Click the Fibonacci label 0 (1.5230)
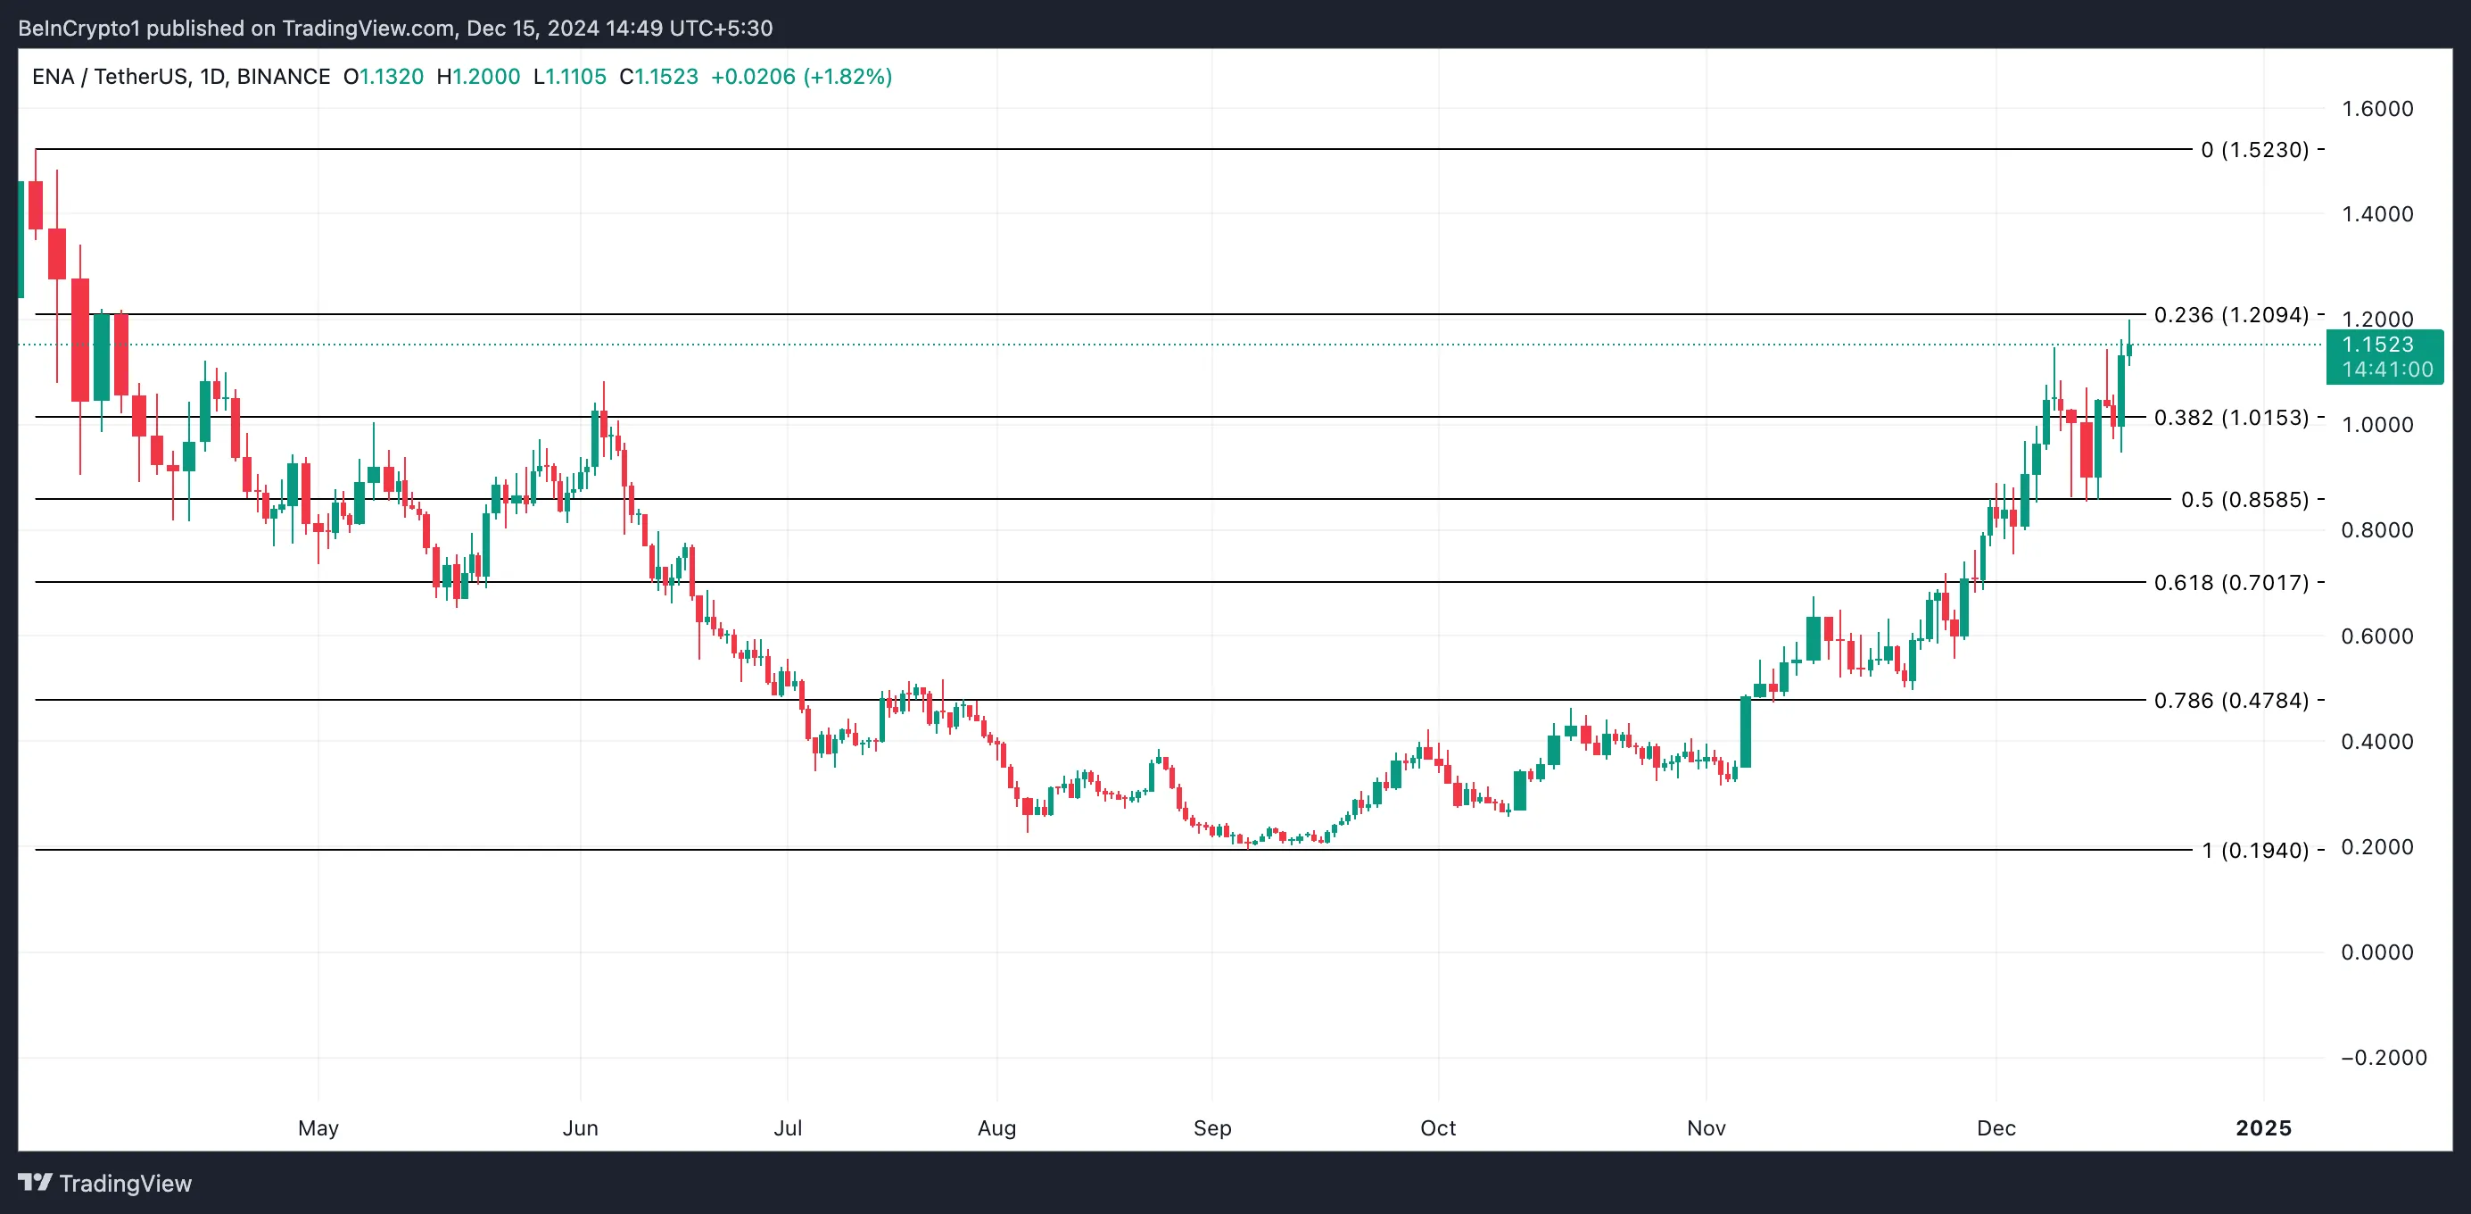click(x=2254, y=150)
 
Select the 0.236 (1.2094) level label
click(x=2231, y=315)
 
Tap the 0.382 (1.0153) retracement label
click(x=2231, y=418)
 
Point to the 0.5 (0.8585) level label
click(x=2244, y=500)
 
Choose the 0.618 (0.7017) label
click(x=2231, y=583)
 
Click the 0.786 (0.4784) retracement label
click(x=2231, y=701)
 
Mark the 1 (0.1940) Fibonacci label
click(x=2254, y=851)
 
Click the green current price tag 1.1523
click(x=2384, y=356)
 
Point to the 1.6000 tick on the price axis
click(x=2377, y=108)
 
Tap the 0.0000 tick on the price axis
click(x=2377, y=952)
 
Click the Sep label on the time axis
click(x=1211, y=1127)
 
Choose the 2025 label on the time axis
click(x=2263, y=1127)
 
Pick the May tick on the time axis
click(x=318, y=1127)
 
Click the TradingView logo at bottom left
click(x=105, y=1184)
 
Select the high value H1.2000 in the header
click(x=478, y=77)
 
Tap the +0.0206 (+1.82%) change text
click(x=801, y=77)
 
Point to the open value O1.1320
click(x=383, y=77)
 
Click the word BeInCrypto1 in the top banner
click(x=79, y=28)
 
